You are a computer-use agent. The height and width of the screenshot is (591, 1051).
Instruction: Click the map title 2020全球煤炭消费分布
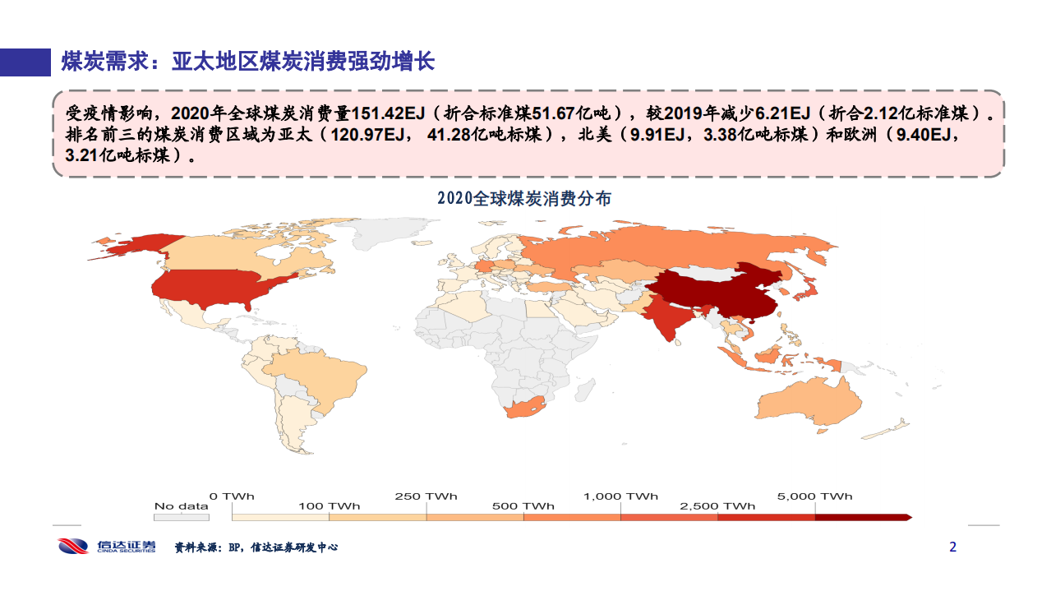click(524, 199)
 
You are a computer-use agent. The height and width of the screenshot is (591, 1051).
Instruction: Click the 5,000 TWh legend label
click(814, 496)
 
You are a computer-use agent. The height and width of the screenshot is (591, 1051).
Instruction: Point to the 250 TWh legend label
click(426, 496)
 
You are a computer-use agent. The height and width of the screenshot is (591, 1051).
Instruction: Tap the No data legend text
click(181, 506)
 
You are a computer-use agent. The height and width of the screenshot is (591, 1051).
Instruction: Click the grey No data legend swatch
click(181, 518)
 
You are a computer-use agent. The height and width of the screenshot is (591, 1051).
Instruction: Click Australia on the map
click(809, 403)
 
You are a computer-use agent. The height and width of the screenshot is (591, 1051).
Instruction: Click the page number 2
click(953, 547)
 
